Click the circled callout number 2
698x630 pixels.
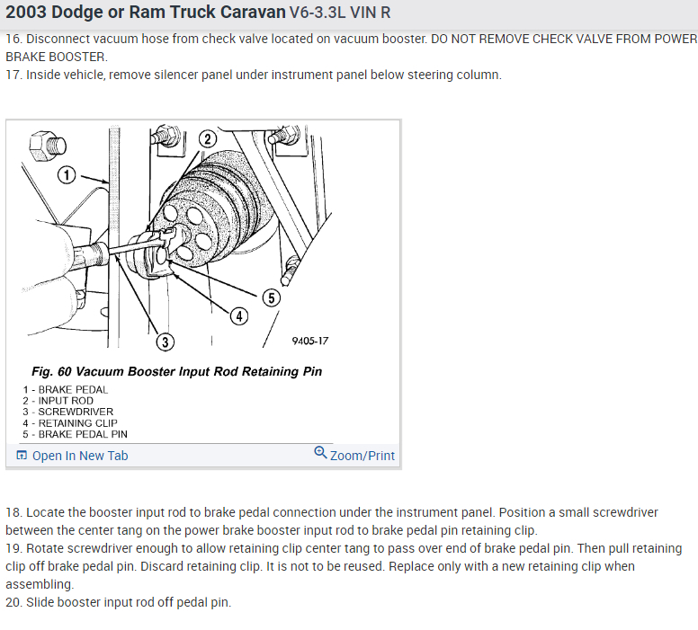(x=207, y=139)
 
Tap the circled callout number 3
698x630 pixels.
(x=165, y=342)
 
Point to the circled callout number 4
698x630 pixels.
(x=238, y=315)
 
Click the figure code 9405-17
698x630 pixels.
(x=310, y=342)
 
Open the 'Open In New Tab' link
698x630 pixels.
(x=79, y=456)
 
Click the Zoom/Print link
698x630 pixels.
(x=362, y=456)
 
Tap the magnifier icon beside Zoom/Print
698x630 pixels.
(x=320, y=453)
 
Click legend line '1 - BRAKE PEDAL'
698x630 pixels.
(x=66, y=390)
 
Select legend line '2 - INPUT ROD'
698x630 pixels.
(x=58, y=401)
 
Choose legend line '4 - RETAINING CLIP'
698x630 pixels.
(x=70, y=422)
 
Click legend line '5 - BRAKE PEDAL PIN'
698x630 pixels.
(x=76, y=433)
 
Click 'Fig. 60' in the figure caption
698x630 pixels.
(x=52, y=371)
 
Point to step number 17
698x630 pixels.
(x=13, y=75)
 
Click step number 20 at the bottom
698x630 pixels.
(x=13, y=602)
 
